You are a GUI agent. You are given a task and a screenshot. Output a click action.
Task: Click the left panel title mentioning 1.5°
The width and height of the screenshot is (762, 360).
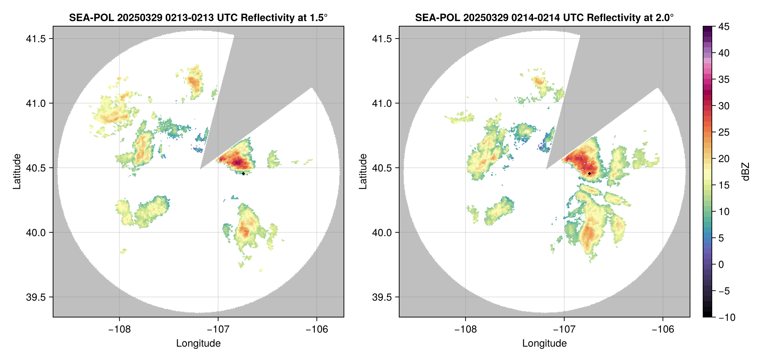point(198,17)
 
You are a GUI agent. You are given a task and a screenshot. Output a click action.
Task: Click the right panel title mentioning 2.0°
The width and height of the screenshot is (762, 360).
point(545,17)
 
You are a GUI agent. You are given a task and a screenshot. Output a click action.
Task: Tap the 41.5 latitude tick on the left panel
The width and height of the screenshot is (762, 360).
point(36,39)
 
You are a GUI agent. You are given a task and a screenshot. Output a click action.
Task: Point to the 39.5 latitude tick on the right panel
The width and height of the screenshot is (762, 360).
point(382,297)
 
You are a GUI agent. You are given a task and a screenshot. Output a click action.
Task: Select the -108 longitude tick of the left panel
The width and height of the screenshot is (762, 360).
point(119,329)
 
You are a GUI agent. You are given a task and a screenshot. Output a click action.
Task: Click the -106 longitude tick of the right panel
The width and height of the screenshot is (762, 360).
point(663,329)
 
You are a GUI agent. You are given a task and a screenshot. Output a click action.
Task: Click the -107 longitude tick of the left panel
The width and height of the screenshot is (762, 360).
point(218,329)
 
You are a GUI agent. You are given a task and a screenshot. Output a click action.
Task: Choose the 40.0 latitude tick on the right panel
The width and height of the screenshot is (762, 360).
point(382,233)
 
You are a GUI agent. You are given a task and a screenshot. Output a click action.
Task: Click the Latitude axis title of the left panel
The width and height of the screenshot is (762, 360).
point(17,172)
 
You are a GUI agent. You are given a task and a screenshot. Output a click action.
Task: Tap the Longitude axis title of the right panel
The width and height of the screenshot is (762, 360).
point(545,343)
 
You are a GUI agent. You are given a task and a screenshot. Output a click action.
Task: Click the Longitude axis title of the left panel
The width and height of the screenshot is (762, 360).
point(198,343)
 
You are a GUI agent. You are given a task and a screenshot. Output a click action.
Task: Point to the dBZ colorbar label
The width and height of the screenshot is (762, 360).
point(745,172)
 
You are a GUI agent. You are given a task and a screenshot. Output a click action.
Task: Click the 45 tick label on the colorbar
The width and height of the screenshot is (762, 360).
point(723,27)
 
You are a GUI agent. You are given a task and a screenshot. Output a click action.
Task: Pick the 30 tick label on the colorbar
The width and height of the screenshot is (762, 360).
point(723,106)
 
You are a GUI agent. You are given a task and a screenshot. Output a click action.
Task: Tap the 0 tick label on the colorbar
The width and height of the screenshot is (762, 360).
point(721,264)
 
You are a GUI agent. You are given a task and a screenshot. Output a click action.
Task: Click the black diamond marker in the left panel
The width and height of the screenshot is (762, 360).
point(243,173)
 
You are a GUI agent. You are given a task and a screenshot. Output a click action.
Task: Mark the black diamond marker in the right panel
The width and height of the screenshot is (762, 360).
point(589,173)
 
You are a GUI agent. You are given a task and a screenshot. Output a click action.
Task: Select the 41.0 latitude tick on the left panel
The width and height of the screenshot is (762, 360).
point(36,104)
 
